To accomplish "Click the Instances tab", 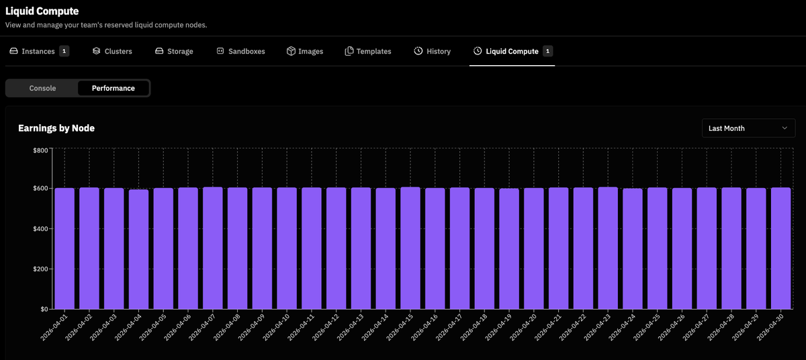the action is [x=39, y=51].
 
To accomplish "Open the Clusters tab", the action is [x=112, y=51].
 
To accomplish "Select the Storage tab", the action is [x=174, y=51].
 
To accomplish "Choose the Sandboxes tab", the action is [x=240, y=51].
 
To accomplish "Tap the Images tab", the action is [x=305, y=51].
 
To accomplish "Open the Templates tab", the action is [x=368, y=51].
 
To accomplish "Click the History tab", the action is [x=432, y=51].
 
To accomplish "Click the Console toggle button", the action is [x=42, y=88].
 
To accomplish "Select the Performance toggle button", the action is [x=114, y=88].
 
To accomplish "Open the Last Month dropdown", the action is [x=748, y=128].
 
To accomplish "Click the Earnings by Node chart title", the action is [x=56, y=128].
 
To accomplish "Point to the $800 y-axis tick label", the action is [x=40, y=150].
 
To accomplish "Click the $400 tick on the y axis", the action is [x=40, y=229].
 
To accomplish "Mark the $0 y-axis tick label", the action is [x=44, y=309].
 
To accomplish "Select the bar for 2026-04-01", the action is [x=64, y=249].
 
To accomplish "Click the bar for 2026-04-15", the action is [x=410, y=248].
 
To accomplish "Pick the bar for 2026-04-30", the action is [x=780, y=248].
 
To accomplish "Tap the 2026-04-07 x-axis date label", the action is [x=202, y=327].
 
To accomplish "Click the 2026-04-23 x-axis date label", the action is [x=597, y=327].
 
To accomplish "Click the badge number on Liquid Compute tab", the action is [x=547, y=51].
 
